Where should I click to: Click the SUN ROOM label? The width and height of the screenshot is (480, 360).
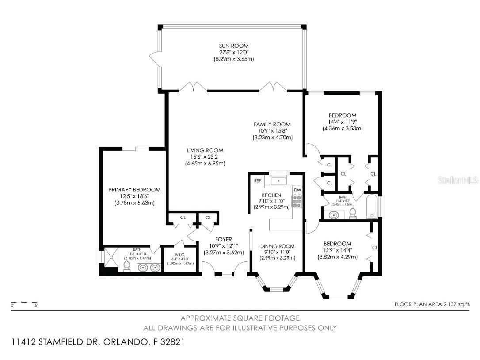[234, 46]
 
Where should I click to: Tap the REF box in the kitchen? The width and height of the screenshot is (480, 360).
[257, 181]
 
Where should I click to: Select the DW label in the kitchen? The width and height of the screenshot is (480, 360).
[297, 190]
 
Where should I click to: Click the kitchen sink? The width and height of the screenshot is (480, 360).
[279, 180]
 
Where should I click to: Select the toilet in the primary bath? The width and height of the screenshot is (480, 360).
[126, 265]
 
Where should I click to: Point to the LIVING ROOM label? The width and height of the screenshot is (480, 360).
[205, 150]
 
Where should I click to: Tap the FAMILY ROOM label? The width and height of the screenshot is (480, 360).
[272, 124]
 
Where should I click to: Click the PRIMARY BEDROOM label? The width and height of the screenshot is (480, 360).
[134, 190]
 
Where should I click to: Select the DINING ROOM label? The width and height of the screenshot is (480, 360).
[277, 246]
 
